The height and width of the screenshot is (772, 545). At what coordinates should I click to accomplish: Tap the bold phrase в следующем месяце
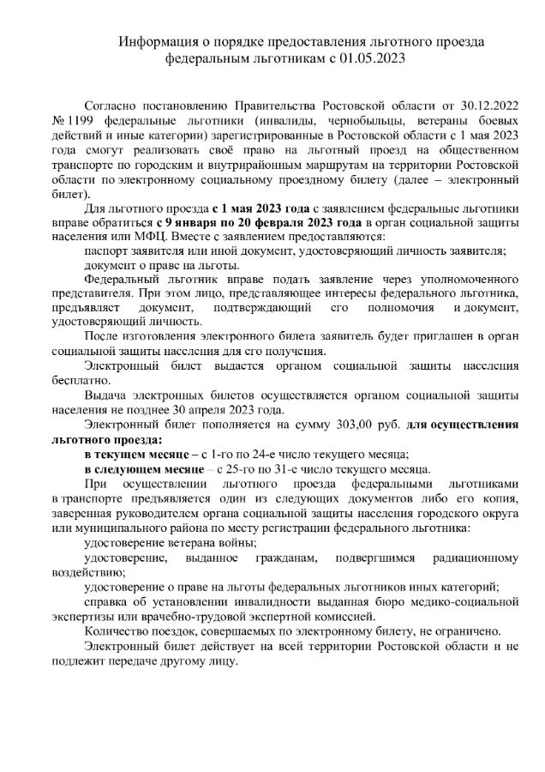tap(141, 469)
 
